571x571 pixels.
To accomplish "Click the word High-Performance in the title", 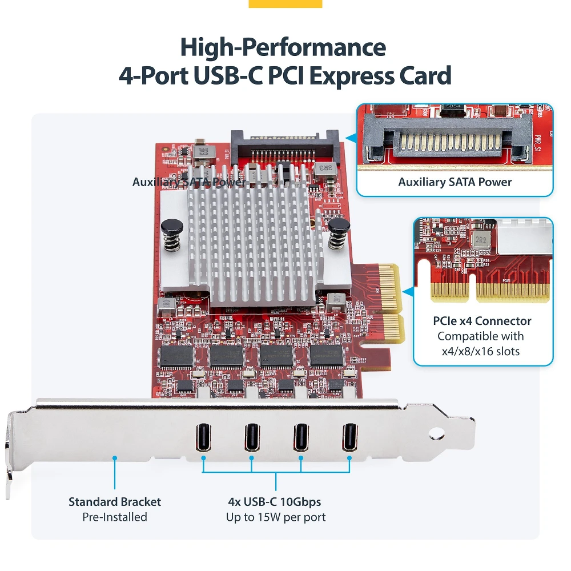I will click(x=283, y=47).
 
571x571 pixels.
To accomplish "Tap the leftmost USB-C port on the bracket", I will click(x=203, y=437).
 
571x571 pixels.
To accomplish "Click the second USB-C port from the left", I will click(x=252, y=437).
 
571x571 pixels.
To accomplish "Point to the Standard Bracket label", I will click(x=115, y=502).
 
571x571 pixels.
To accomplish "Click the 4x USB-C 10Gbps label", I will click(x=275, y=502).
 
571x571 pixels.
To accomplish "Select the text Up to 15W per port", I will click(x=276, y=517).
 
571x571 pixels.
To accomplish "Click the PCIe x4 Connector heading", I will click(x=482, y=321).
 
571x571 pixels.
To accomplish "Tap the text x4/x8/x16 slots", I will click(x=481, y=351).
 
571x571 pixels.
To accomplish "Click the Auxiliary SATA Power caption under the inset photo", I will click(x=455, y=182).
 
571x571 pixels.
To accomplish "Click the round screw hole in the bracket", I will click(x=437, y=435).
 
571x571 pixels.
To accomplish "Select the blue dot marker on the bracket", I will click(x=115, y=457).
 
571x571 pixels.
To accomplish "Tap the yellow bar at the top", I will click(x=285, y=3).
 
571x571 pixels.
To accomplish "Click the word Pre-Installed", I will click(x=115, y=517).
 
